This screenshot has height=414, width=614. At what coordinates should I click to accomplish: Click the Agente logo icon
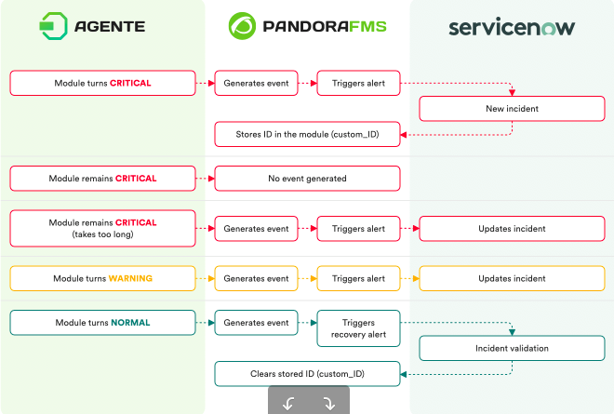[53, 26]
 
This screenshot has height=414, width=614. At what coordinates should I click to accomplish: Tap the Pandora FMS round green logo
[242, 26]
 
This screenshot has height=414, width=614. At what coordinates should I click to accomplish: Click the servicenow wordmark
[512, 27]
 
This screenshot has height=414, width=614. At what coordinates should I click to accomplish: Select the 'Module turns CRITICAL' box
[102, 83]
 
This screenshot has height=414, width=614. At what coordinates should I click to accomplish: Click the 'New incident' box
[512, 109]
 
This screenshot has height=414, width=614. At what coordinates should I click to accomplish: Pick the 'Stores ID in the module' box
[307, 134]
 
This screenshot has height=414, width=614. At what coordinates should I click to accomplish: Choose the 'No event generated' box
[307, 179]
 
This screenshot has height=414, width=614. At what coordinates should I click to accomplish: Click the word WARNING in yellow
[130, 278]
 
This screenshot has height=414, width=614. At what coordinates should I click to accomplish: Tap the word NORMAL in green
[130, 323]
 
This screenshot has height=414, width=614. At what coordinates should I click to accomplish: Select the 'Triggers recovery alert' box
[358, 328]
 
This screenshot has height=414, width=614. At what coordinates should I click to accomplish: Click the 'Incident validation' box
[512, 348]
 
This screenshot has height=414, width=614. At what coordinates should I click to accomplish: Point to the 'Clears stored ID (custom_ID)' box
[307, 374]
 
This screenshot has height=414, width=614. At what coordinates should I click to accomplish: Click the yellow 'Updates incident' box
[512, 278]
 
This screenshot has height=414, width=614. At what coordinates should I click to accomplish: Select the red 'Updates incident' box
[512, 229]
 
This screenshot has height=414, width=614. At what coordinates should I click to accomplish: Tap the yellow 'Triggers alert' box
[358, 278]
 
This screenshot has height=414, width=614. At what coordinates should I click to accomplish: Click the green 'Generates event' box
[256, 323]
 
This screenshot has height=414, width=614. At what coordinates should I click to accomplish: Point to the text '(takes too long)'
[102, 234]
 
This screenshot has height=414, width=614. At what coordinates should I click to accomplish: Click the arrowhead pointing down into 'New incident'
[512, 93]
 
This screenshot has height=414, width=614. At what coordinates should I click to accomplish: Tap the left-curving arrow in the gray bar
[288, 404]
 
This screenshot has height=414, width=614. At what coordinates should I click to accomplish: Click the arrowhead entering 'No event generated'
[211, 179]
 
